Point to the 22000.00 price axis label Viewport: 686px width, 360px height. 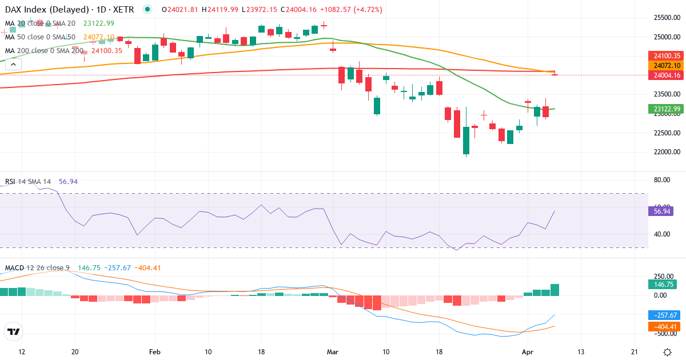click(x=668, y=152)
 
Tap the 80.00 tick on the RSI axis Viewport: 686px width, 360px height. click(x=662, y=179)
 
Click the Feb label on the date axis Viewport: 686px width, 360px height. click(x=154, y=352)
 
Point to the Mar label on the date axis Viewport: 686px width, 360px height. click(x=332, y=352)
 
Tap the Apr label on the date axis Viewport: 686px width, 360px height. click(x=528, y=352)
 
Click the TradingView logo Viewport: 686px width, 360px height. click(x=13, y=331)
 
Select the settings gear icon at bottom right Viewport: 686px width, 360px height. click(x=667, y=352)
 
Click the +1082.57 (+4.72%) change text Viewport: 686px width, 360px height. click(x=351, y=10)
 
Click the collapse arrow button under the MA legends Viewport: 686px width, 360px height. click(x=13, y=65)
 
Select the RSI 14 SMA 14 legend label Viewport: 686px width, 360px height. click(x=28, y=182)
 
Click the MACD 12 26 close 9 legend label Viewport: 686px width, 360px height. click(x=37, y=267)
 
